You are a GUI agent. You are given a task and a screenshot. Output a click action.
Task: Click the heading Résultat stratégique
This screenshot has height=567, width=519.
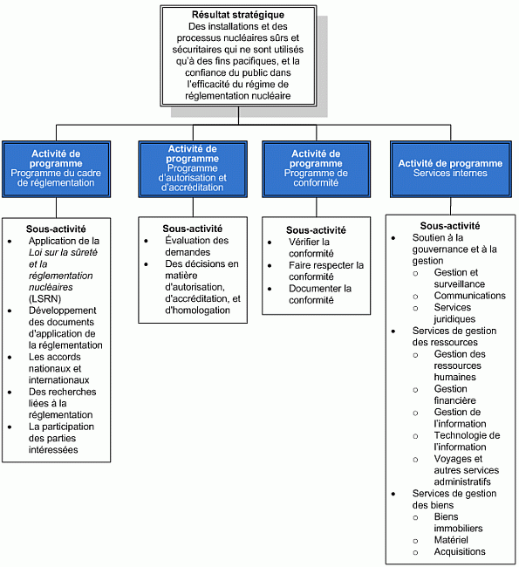236,16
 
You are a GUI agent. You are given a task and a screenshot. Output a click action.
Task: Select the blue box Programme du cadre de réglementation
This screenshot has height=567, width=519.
55,167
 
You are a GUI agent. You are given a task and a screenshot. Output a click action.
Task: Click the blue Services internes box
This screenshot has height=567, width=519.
450,168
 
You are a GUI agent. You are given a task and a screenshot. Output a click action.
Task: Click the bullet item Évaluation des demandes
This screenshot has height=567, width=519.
196,246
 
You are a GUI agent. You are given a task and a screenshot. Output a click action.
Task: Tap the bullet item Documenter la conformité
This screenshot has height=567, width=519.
319,294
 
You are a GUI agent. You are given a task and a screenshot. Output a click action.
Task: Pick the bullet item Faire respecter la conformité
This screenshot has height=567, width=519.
325,270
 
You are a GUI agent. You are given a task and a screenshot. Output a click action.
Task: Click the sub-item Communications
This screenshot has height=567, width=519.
469,296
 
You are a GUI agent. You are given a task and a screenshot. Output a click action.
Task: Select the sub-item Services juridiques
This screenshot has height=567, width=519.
454,313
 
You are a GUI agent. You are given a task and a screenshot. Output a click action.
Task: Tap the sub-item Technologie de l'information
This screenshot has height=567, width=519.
467,441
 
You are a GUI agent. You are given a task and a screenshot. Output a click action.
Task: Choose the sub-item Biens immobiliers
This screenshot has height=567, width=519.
458,523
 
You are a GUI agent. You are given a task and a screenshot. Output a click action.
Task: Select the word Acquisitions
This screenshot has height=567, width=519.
460,551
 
